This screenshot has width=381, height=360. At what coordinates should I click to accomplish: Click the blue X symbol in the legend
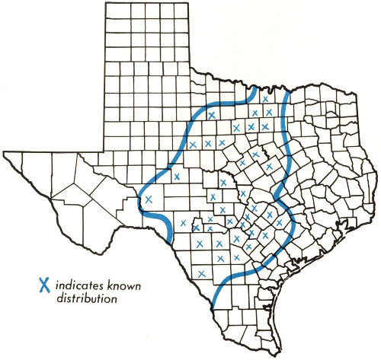pyautogui.click(x=45, y=286)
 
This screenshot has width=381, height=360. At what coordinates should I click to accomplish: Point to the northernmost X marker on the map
pyautogui.click(x=265, y=99)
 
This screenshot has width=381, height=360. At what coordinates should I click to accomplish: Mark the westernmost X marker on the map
pyautogui.click(x=149, y=199)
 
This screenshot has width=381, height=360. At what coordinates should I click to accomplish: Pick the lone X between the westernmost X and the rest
pyautogui.click(x=177, y=177)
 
